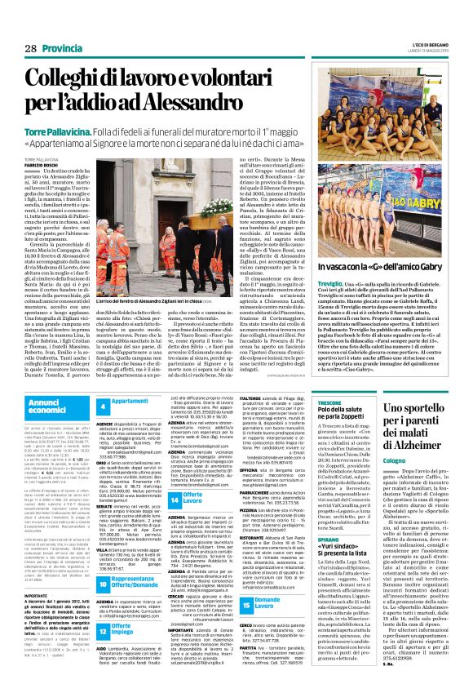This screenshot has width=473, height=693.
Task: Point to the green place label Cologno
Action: [x=400, y=479]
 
